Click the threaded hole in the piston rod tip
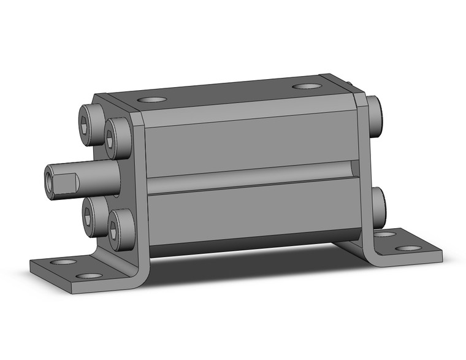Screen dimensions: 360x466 49,181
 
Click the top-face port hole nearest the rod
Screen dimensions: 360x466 151,99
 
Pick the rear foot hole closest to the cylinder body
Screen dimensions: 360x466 384,234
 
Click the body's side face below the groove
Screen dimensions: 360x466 251,212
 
